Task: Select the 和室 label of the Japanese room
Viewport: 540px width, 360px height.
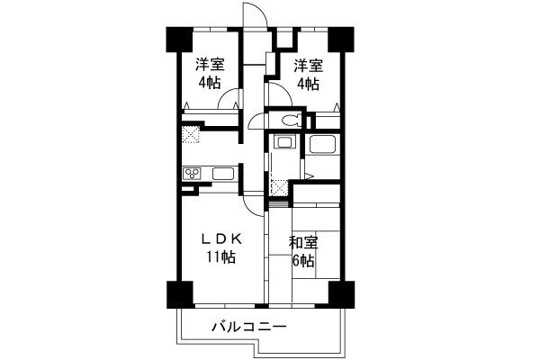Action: pyautogui.click(x=303, y=242)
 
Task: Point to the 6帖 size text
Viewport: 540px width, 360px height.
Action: pyautogui.click(x=303, y=261)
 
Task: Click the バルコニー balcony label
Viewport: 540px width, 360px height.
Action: pyautogui.click(x=249, y=327)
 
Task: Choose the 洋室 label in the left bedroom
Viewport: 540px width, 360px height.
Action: pyautogui.click(x=210, y=65)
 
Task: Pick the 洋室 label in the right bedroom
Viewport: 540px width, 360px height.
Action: pyautogui.click(x=308, y=65)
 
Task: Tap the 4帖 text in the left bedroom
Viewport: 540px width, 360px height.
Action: pyautogui.click(x=210, y=84)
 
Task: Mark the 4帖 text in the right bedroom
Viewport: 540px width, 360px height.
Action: pyautogui.click(x=308, y=84)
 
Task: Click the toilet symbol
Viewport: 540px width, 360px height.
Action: pyautogui.click(x=290, y=120)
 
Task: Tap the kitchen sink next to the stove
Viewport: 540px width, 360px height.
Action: pyautogui.click(x=222, y=175)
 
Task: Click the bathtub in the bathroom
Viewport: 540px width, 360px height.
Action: pyautogui.click(x=322, y=145)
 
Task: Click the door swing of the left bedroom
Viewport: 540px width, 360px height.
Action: pyautogui.click(x=229, y=101)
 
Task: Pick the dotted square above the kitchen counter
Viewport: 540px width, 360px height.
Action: pyautogui.click(x=191, y=135)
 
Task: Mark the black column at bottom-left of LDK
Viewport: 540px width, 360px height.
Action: pyautogui.click(x=178, y=294)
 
